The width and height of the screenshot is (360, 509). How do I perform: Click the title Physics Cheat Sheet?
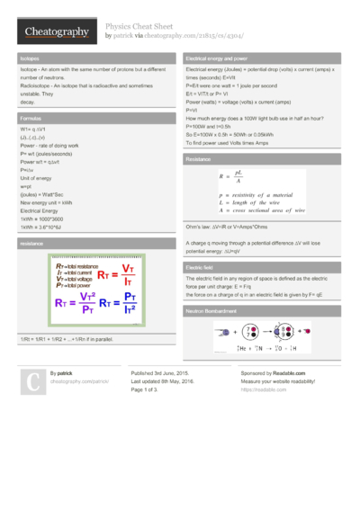139,27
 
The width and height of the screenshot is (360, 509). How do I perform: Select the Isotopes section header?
29,58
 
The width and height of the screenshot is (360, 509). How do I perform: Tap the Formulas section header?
30,118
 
